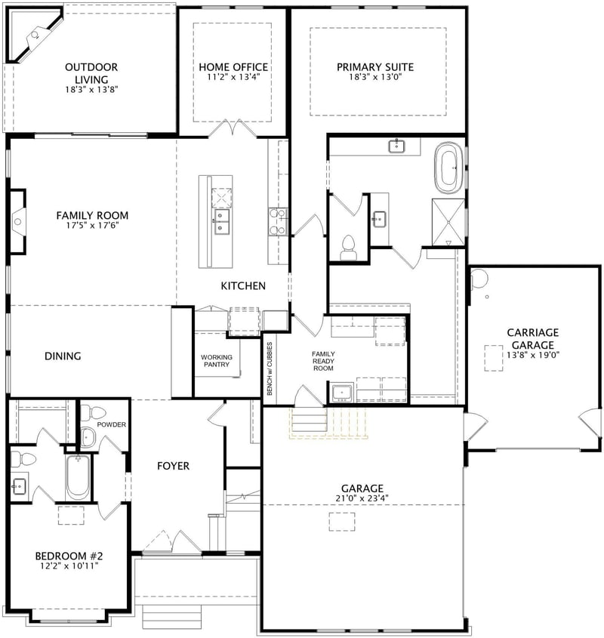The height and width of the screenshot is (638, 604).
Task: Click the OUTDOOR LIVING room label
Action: [x=91, y=72]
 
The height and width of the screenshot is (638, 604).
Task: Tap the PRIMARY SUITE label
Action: [x=375, y=66]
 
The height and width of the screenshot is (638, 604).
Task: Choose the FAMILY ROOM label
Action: [x=92, y=215]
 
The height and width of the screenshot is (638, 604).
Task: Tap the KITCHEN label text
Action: [x=242, y=285]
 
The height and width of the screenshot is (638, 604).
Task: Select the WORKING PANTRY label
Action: [x=216, y=362]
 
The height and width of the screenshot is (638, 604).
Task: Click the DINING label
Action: [x=63, y=356]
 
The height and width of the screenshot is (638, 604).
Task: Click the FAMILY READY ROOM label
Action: [x=323, y=361]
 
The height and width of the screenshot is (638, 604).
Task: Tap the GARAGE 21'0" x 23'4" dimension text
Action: [x=362, y=498]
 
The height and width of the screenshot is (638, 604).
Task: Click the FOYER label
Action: [x=173, y=466]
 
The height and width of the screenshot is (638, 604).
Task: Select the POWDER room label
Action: [x=111, y=424]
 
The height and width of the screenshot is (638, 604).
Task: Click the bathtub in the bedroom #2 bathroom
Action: [x=78, y=477]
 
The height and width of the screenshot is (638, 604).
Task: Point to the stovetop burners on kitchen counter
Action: [x=277, y=222]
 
